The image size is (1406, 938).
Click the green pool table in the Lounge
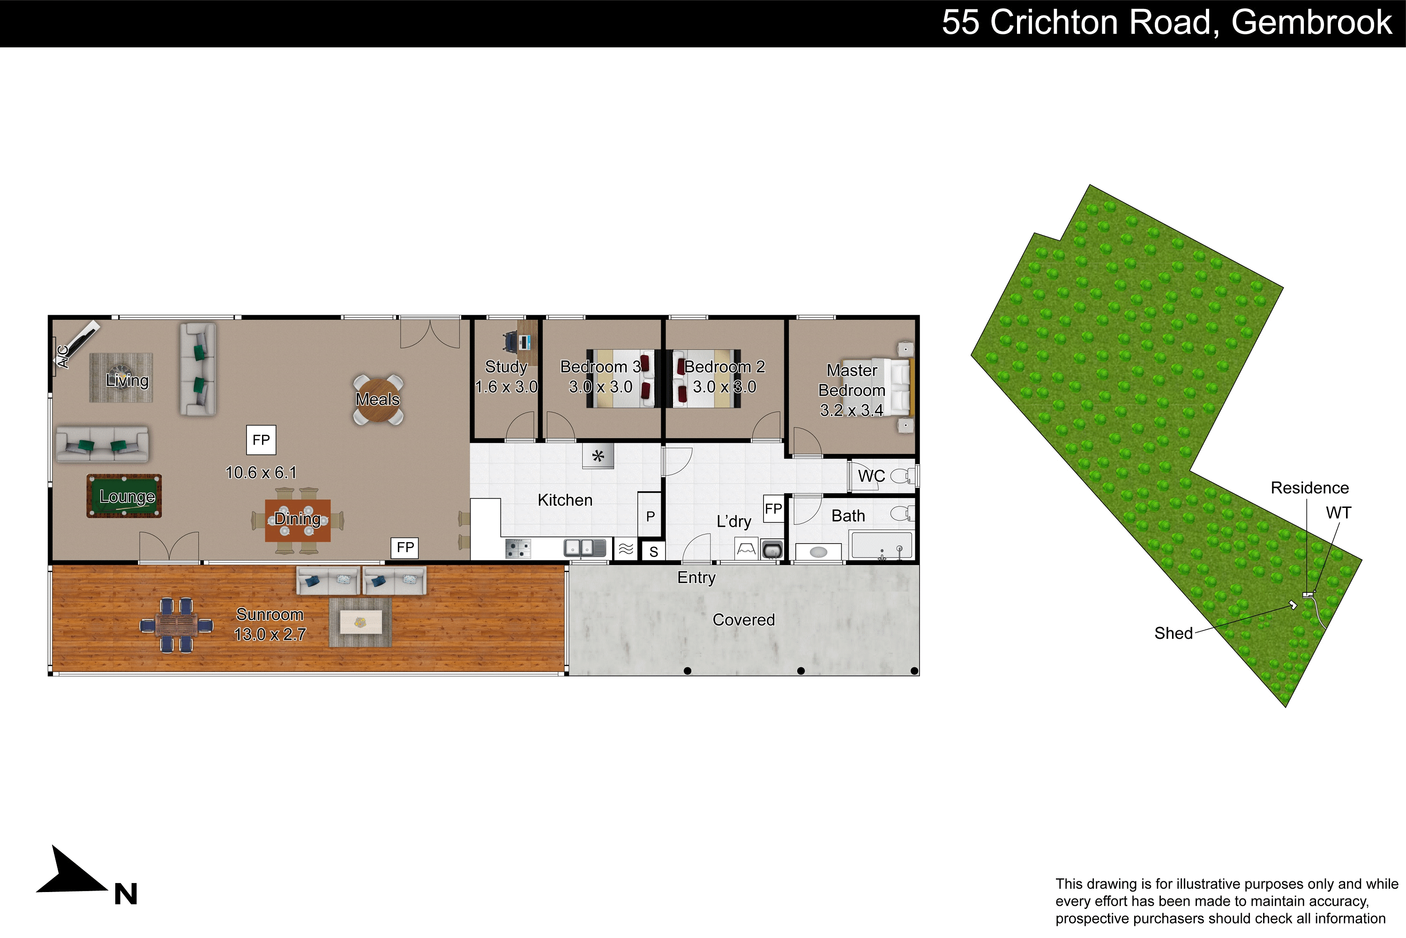pyautogui.click(x=124, y=496)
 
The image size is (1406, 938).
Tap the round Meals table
pyautogui.click(x=378, y=400)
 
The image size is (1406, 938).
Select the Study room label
pyautogui.click(x=506, y=367)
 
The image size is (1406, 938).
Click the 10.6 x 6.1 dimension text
pyautogui.click(x=261, y=473)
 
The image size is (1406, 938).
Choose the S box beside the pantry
pyautogui.click(x=653, y=551)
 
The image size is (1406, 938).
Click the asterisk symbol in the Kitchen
pyautogui.click(x=598, y=456)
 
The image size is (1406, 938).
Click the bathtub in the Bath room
pyautogui.click(x=881, y=545)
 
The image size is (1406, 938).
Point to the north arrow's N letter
pyautogui.click(x=126, y=894)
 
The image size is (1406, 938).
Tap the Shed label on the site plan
pyautogui.click(x=1174, y=634)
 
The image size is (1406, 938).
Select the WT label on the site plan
pyautogui.click(x=1339, y=513)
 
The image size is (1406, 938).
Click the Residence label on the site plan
pyautogui.click(x=1310, y=488)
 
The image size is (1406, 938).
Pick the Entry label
pyautogui.click(x=696, y=578)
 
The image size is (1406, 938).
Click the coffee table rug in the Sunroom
pyautogui.click(x=360, y=622)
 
